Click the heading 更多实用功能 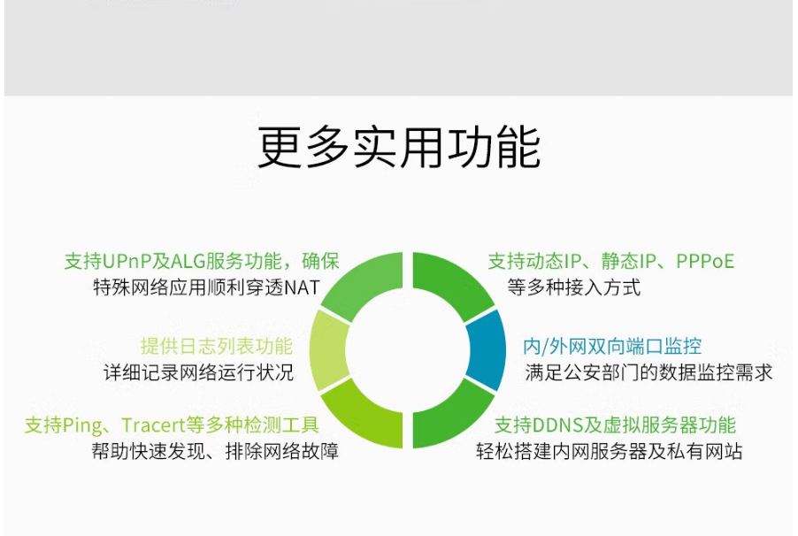[x=399, y=148]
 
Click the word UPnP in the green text [x=127, y=262]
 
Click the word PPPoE [x=705, y=262]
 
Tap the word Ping [x=82, y=425]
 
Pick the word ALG [x=188, y=262]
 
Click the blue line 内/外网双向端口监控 [x=612, y=346]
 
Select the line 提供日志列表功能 [x=217, y=346]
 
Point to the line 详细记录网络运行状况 [x=198, y=372]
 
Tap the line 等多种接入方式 [x=573, y=287]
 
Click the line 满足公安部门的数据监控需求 [x=648, y=372]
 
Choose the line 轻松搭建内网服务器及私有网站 [x=610, y=451]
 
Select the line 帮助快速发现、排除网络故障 [x=215, y=451]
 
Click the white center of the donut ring [x=407, y=350]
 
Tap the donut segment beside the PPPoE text [x=449, y=281]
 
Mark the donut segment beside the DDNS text [x=449, y=419]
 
